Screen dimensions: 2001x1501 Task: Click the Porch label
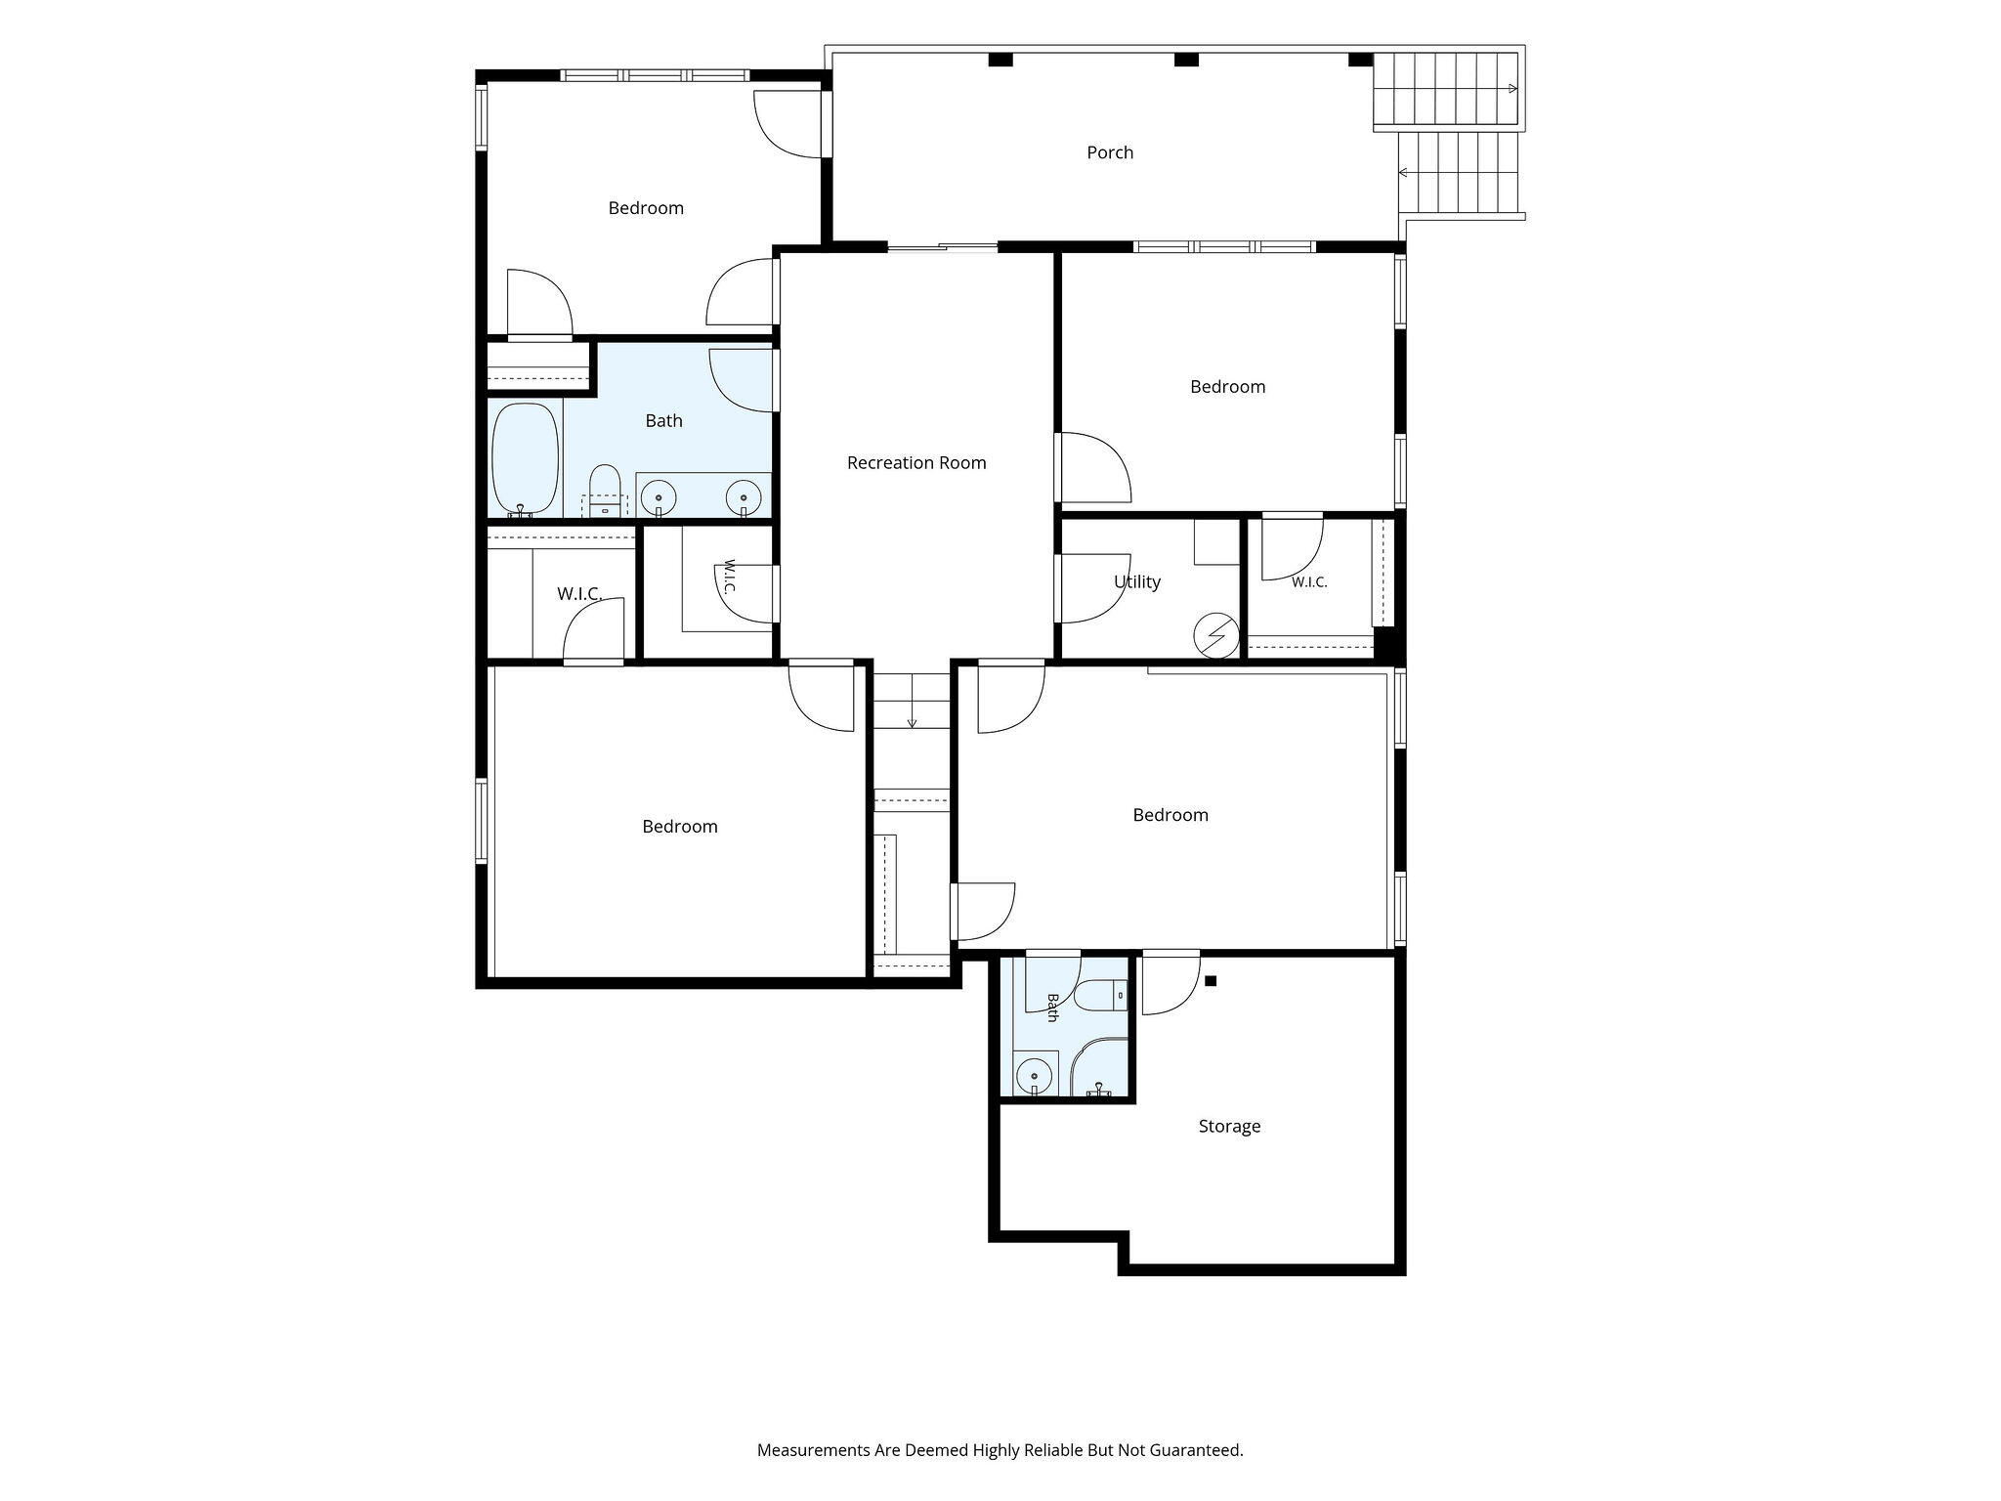(1110, 152)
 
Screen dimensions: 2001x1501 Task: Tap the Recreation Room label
(916, 463)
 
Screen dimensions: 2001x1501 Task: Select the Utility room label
(1137, 582)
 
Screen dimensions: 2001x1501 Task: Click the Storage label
(1229, 1127)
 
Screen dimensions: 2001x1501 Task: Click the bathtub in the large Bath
(526, 459)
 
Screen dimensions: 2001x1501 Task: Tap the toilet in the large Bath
(605, 489)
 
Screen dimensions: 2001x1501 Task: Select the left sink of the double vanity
(659, 498)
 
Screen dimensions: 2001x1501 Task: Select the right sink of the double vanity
(744, 498)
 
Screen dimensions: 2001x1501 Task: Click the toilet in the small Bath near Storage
(1101, 996)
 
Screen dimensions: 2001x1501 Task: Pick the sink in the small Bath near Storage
(1034, 1077)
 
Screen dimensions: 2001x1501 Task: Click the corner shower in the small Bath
(1099, 1067)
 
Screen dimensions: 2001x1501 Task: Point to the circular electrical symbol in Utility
(1216, 636)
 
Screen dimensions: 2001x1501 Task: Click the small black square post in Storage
(1211, 981)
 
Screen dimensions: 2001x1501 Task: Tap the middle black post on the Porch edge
(1186, 60)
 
